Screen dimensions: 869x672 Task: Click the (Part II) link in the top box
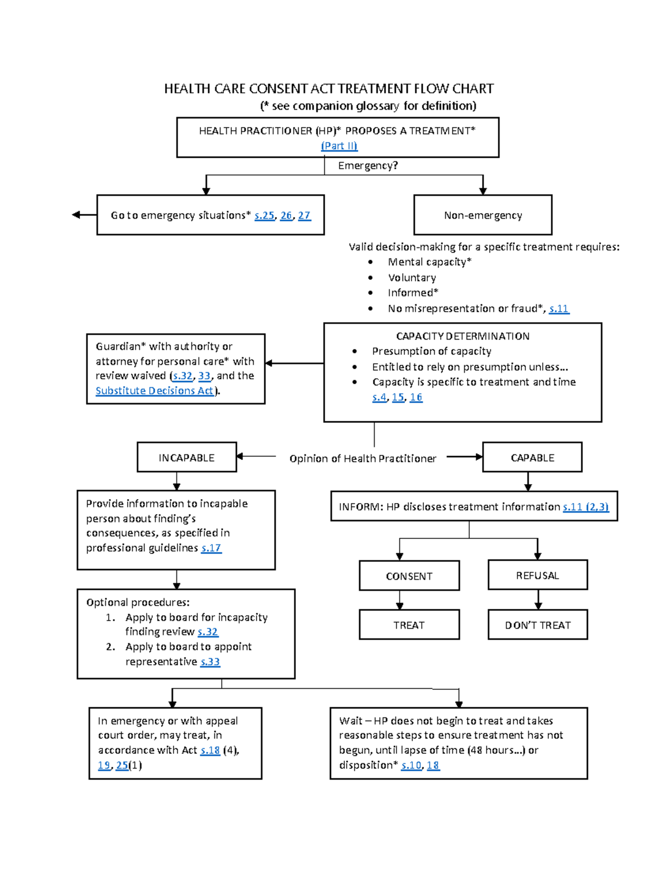pyautogui.click(x=339, y=146)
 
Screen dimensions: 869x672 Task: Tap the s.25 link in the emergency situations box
pyautogui.click(x=264, y=215)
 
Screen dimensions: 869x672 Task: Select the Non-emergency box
pyautogui.click(x=483, y=215)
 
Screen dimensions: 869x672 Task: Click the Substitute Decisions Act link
pyautogui.click(x=155, y=391)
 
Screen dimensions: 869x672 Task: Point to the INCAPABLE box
pyautogui.click(x=186, y=458)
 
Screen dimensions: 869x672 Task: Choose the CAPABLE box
pyautogui.click(x=532, y=458)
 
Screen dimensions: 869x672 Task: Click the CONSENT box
pyautogui.click(x=409, y=576)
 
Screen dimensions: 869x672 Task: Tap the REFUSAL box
pyautogui.click(x=538, y=575)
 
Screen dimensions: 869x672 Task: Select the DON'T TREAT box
pyautogui.click(x=538, y=625)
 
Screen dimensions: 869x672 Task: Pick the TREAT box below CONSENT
pyautogui.click(x=409, y=625)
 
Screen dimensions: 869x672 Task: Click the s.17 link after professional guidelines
pyautogui.click(x=211, y=548)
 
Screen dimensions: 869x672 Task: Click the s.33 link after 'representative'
pyautogui.click(x=210, y=661)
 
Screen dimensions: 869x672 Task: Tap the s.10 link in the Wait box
pyautogui.click(x=411, y=765)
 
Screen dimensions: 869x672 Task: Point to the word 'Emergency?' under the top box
pyautogui.click(x=368, y=166)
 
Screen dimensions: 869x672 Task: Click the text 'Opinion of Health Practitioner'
pyautogui.click(x=362, y=458)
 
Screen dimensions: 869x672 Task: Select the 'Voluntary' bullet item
pyautogui.click(x=412, y=278)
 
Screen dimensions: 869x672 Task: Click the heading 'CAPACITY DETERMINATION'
pyautogui.click(x=463, y=336)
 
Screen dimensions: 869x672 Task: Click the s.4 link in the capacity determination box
pyautogui.click(x=379, y=397)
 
